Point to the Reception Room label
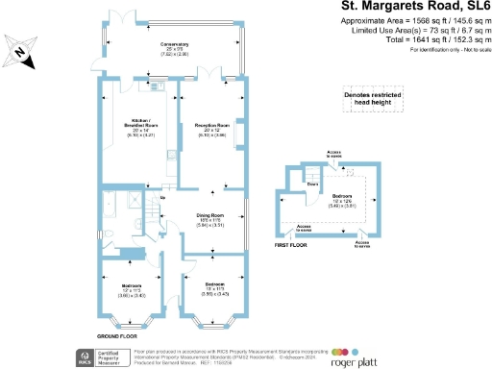point(210,129)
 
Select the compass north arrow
point(22,57)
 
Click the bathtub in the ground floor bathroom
point(113,203)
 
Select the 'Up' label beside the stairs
point(163,197)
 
